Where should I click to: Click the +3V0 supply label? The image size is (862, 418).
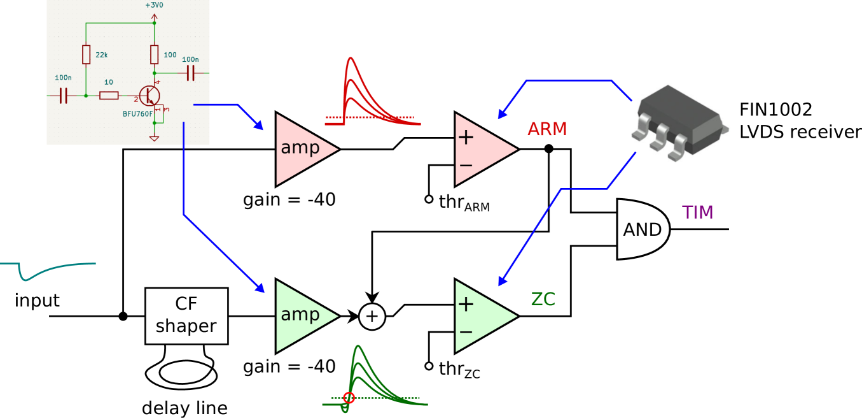pos(154,5)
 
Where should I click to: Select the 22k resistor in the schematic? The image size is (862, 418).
pos(87,55)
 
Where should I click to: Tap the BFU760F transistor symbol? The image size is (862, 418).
pos(149,96)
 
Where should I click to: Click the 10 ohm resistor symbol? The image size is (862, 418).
pos(109,96)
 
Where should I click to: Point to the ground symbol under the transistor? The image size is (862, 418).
pos(154,137)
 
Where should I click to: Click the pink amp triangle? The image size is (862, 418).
pos(302,149)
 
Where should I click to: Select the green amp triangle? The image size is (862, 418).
pos(302,316)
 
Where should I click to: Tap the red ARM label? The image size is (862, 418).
pos(546,129)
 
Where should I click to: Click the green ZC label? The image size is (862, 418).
pos(543,299)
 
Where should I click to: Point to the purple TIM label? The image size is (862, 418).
pos(697,213)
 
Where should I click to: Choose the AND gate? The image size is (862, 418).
pos(642,229)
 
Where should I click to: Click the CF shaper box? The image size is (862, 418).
pos(186,316)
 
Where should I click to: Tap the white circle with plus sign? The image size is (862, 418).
pos(372,317)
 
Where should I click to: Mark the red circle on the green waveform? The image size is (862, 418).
pos(349,398)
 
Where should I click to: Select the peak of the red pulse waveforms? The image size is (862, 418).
pos(350,61)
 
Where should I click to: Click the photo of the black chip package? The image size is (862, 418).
pos(674,124)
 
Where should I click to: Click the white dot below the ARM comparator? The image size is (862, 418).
pos(429,199)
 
